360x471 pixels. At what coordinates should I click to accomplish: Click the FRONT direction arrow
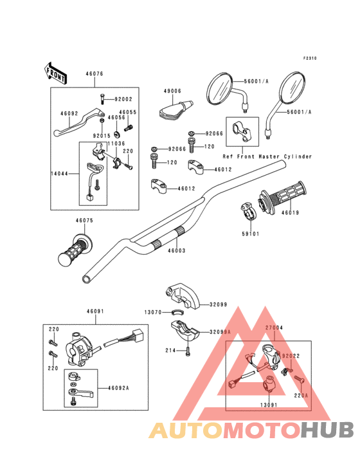tap(55, 73)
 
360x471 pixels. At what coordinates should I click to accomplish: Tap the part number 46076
tap(94, 74)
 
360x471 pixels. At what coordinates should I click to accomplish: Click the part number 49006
tap(172, 91)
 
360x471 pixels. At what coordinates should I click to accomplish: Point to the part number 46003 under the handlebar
tap(177, 250)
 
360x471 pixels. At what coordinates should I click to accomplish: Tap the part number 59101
tap(251, 234)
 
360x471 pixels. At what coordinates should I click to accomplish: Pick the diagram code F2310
tap(310, 59)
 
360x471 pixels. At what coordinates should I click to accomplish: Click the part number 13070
tap(153, 313)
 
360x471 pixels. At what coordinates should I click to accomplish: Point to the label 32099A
tap(220, 332)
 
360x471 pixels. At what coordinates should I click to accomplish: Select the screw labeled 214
tap(188, 351)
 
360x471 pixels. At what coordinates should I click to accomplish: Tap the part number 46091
tap(95, 311)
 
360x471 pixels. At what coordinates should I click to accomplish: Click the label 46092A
tap(118, 388)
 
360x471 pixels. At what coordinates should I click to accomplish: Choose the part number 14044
tap(59, 174)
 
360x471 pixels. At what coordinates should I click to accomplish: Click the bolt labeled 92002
tap(102, 99)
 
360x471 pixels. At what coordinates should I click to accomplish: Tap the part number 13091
tap(269, 405)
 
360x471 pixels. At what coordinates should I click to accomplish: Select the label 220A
tap(301, 396)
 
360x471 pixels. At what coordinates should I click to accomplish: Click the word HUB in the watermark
tap(327, 430)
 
